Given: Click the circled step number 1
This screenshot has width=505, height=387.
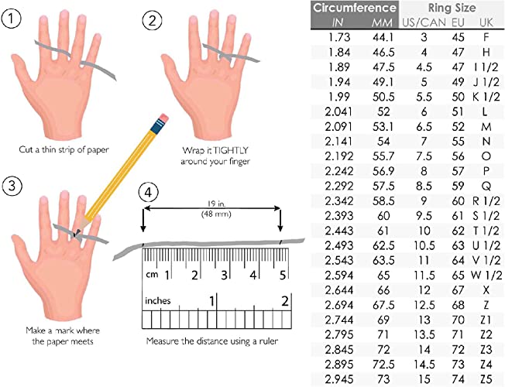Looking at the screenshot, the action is pos(12,19).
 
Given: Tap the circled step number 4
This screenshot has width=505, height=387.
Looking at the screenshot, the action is pos(149,193).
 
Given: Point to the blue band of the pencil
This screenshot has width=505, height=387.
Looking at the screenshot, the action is pos(157,126).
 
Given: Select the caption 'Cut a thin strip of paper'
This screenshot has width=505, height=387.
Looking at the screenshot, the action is pos(64,149).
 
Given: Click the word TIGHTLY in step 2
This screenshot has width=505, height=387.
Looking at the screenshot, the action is pos(231,150).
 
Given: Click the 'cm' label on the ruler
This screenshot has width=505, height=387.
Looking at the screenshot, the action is pos(152,274).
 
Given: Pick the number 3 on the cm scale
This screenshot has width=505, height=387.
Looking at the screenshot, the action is pos(224,276).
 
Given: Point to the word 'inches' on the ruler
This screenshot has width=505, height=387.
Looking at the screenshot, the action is pos(158,301).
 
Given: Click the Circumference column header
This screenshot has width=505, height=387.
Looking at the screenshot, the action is pos(355,8).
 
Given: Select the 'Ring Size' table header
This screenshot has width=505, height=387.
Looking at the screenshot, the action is pos(452,8).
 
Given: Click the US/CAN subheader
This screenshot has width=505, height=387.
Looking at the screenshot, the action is pos(424,22).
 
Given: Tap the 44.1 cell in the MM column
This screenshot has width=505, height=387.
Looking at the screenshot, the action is pos(383,37).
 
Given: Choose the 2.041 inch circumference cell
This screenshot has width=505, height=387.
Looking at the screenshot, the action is pos(338,111).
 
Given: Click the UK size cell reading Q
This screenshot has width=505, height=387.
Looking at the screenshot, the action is pos(486,186).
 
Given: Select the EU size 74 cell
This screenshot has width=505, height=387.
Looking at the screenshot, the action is pos(458,379).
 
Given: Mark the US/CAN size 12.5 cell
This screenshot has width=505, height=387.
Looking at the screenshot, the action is pos(424,305).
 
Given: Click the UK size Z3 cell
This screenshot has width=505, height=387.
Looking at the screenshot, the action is pos(486,349).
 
